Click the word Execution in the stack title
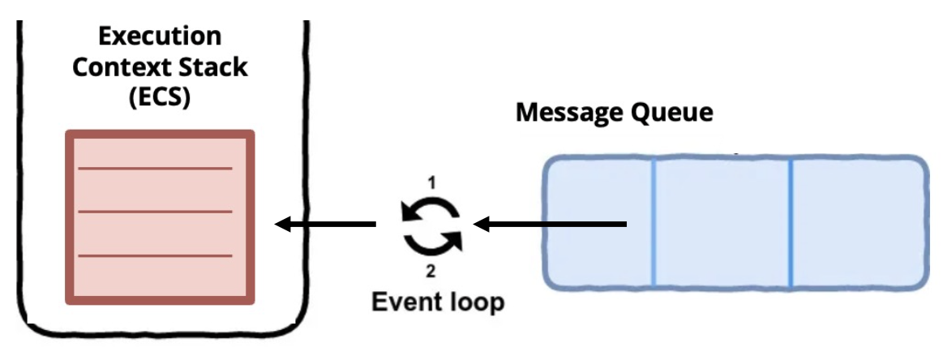coord(160,36)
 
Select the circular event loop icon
coord(432,225)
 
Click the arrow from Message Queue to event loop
coord(551,224)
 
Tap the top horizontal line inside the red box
coord(155,169)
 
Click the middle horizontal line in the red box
coord(155,212)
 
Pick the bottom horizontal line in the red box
coord(155,255)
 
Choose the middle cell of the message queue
coord(721,223)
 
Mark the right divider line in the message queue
coord(791,223)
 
